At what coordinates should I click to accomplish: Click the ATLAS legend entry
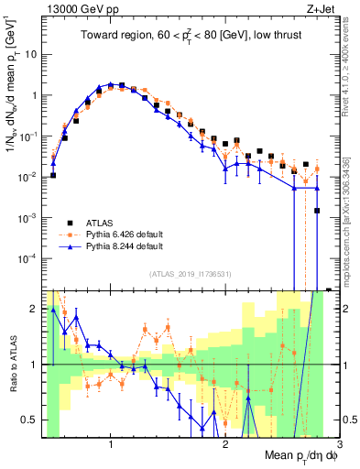coord(101,222)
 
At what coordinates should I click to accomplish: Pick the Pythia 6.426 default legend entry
coord(123,234)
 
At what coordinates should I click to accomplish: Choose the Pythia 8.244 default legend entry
coord(123,247)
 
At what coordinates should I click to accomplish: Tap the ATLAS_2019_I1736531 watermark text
coord(184,274)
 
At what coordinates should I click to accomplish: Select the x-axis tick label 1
coord(111,445)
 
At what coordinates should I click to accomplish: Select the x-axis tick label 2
coord(225,445)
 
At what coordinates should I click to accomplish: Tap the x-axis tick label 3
coord(338,445)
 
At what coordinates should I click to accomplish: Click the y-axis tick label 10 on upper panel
coord(29,54)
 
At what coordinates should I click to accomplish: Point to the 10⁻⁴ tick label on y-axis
coord(27,258)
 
